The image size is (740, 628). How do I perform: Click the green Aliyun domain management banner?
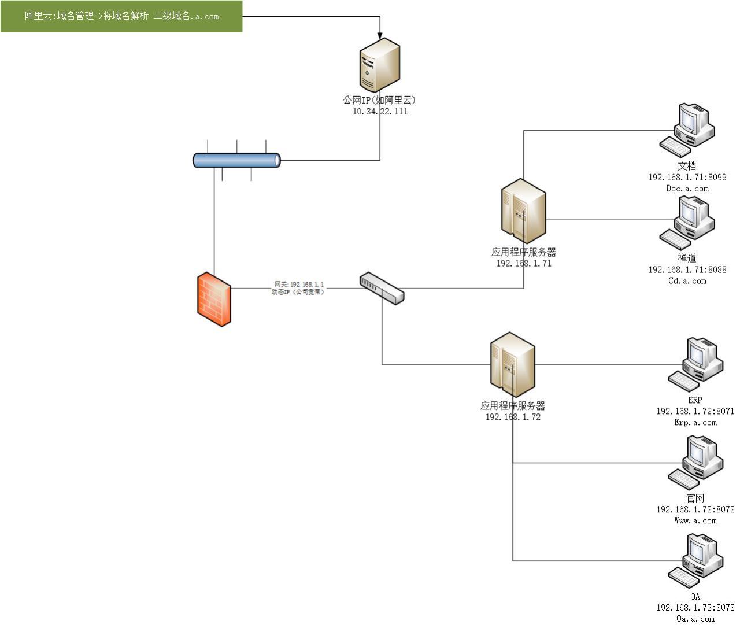click(121, 16)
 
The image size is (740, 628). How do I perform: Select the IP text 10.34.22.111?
click(380, 112)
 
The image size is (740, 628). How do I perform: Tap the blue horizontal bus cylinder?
click(236, 160)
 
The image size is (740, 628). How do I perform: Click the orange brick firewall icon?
click(214, 299)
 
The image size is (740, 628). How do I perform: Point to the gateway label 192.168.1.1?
click(298, 284)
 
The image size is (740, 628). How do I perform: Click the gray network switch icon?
click(382, 288)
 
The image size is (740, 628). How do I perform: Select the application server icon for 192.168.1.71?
click(523, 211)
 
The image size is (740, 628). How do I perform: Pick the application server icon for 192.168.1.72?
click(512, 365)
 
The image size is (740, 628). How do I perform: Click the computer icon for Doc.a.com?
click(687, 130)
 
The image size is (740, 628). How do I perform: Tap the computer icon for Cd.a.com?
click(687, 222)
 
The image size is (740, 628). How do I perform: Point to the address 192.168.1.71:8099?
click(687, 178)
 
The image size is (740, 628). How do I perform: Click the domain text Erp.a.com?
click(695, 423)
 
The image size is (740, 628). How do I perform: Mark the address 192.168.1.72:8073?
click(695, 608)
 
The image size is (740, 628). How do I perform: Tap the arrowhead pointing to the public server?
click(380, 36)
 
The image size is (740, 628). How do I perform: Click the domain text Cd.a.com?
click(687, 281)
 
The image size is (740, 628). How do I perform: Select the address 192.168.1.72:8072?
click(695, 509)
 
